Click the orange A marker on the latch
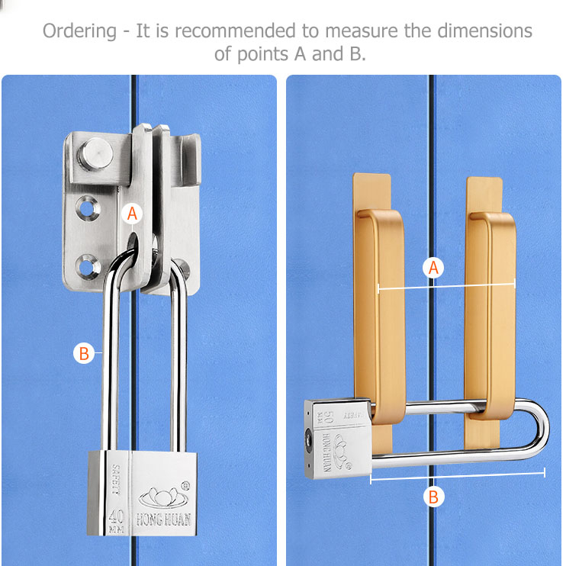point(133,214)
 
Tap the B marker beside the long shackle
point(85,353)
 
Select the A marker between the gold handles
point(433,268)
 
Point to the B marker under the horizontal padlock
point(433,497)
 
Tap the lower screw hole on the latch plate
point(85,267)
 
